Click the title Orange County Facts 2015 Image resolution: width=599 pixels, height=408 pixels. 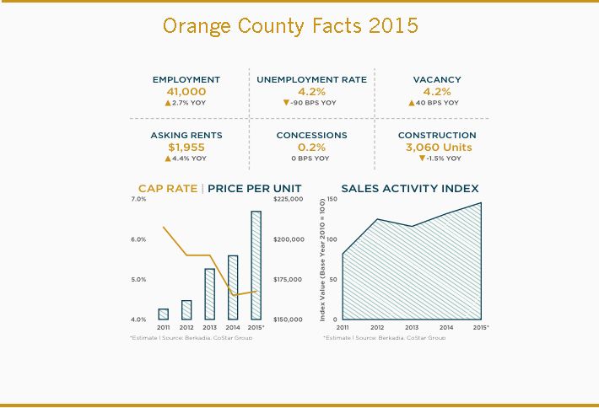pyautogui.click(x=289, y=25)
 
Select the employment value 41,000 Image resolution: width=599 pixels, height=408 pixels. pyautogui.click(x=186, y=91)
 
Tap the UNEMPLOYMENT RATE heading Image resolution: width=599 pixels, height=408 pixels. pyautogui.click(x=311, y=79)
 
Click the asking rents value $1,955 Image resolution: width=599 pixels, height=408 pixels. pyautogui.click(x=186, y=147)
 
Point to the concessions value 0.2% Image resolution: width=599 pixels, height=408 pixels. pyautogui.click(x=311, y=147)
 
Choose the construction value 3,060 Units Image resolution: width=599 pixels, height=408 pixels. pyautogui.click(x=436, y=147)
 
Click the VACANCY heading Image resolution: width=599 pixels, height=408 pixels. pyautogui.click(x=436, y=79)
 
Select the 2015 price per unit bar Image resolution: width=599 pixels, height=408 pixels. pyautogui.click(x=256, y=265)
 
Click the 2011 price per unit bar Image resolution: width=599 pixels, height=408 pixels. pyautogui.click(x=163, y=314)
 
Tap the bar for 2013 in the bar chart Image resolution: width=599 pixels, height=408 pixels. pyautogui.click(x=209, y=294)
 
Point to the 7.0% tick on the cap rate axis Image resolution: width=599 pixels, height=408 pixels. pyautogui.click(x=138, y=199)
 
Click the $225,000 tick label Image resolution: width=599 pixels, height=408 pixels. pyautogui.click(x=289, y=199)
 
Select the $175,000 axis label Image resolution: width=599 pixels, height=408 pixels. pyautogui.click(x=289, y=279)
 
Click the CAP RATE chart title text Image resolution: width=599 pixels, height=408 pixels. pyautogui.click(x=168, y=188)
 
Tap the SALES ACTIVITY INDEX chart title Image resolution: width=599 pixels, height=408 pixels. pyautogui.click(x=409, y=188)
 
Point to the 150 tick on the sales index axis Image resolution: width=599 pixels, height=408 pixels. pyautogui.click(x=332, y=199)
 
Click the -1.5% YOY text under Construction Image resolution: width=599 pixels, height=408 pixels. pyautogui.click(x=442, y=158)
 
